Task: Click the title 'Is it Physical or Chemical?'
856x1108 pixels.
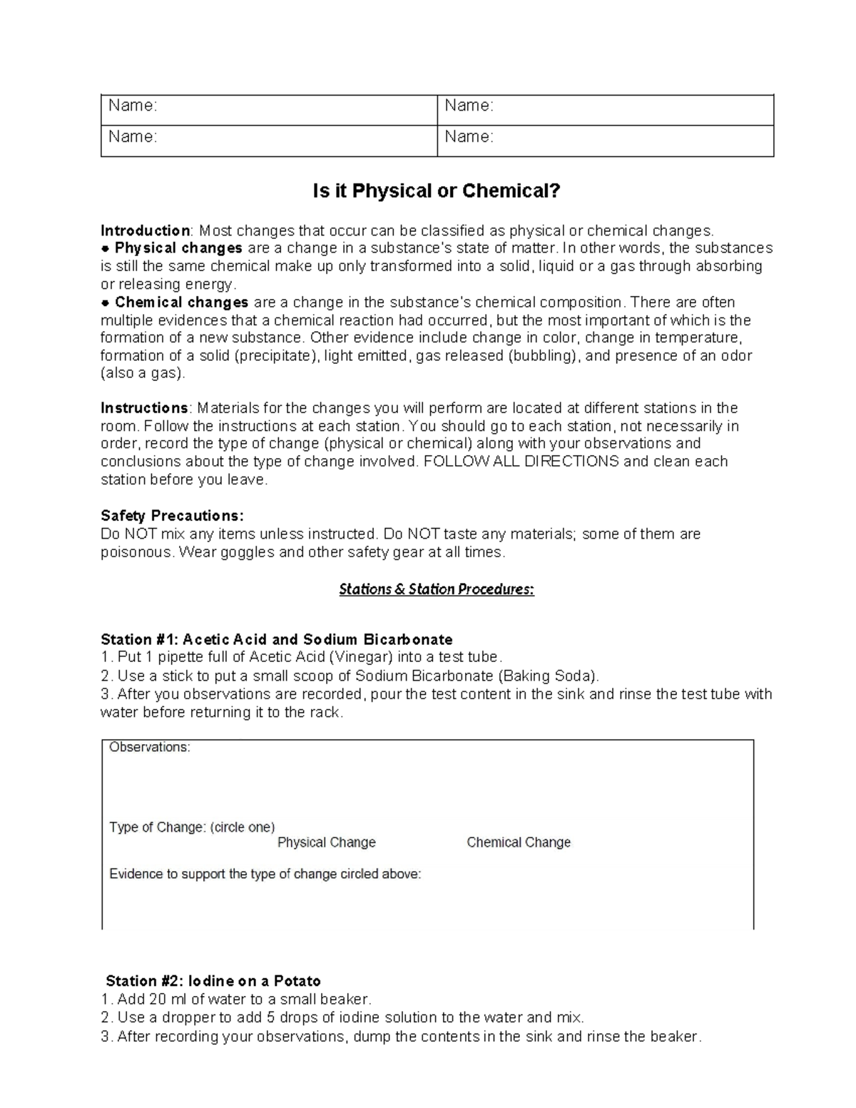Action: (x=437, y=191)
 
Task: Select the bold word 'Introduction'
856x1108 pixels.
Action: (x=145, y=230)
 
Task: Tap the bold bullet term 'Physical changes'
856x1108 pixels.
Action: (x=178, y=248)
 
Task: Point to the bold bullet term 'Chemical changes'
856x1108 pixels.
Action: (x=181, y=303)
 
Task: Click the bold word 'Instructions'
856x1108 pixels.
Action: (x=144, y=408)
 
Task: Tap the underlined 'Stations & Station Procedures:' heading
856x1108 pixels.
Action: (x=436, y=589)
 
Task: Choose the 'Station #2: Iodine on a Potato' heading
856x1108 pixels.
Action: (x=213, y=981)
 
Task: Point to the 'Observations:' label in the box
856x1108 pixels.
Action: (x=150, y=748)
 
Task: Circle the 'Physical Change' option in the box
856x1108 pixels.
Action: (x=326, y=843)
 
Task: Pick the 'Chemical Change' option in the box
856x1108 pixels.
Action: (x=519, y=843)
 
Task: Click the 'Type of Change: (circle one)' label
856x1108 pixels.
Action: (x=192, y=828)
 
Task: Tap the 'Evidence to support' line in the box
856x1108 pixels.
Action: (x=265, y=875)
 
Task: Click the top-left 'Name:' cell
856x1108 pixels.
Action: (x=133, y=106)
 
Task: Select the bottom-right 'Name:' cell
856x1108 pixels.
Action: (x=469, y=137)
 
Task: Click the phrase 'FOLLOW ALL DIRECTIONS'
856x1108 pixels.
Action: (x=521, y=462)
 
